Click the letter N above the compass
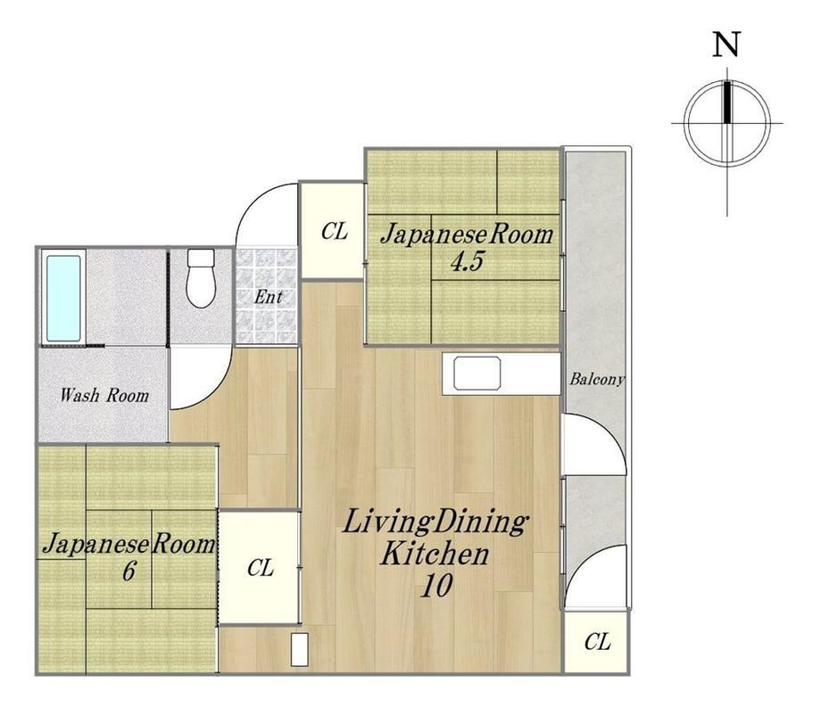point(726,44)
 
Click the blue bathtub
point(64,298)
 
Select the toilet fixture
point(201,277)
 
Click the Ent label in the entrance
point(268,298)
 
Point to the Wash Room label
point(104,395)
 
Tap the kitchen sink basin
point(477,373)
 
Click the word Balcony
point(597,379)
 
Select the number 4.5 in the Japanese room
point(467,261)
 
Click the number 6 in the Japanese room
point(129,571)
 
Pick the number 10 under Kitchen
point(436,586)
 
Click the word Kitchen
point(435,554)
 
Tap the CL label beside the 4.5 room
point(334,231)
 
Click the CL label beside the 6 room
point(261,568)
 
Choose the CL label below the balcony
point(597,642)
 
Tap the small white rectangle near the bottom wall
point(300,649)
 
